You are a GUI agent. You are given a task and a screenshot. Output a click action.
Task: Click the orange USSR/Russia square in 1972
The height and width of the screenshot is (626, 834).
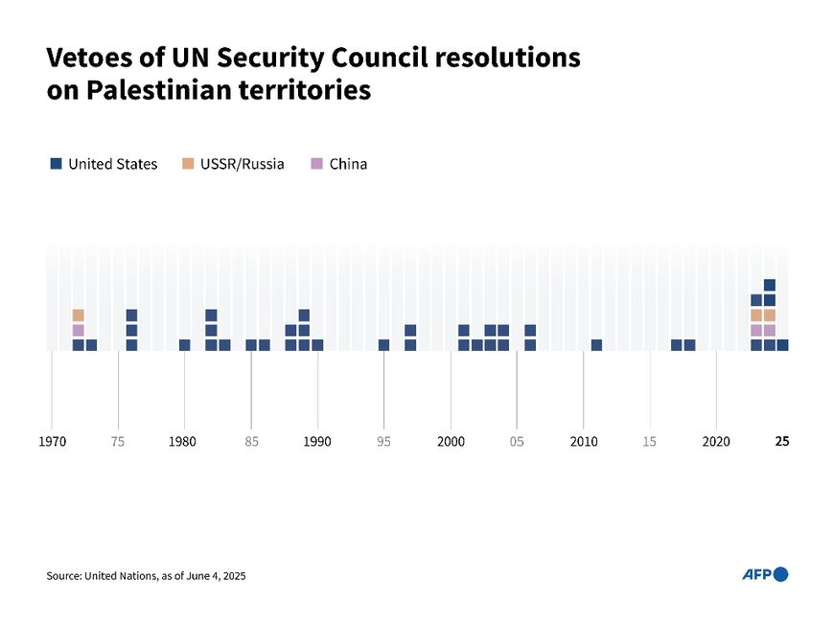[78, 315]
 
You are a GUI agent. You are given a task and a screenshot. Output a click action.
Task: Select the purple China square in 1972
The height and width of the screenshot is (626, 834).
[78, 330]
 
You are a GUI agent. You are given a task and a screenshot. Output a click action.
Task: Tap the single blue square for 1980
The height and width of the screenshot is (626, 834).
[184, 345]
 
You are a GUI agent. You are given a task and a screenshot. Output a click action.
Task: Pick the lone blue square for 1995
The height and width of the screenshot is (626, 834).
[383, 345]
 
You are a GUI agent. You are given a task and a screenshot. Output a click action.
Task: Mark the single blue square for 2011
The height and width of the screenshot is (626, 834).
[596, 345]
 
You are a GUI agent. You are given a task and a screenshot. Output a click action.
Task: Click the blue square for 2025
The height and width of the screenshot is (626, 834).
[782, 345]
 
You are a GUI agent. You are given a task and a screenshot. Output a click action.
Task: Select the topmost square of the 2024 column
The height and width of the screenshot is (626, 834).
[769, 285]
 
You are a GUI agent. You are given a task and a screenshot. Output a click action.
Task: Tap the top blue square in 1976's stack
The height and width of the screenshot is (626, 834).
[131, 315]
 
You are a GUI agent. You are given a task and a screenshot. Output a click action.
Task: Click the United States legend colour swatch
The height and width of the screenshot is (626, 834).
[56, 164]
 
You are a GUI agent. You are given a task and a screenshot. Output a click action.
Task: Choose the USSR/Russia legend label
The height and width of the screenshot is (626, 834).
[242, 164]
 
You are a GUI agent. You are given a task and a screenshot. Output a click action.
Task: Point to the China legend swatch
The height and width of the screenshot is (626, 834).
[316, 164]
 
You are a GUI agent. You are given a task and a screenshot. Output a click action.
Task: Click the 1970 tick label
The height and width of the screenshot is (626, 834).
[52, 441]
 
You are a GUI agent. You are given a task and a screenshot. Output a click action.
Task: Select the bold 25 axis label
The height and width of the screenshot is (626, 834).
[782, 441]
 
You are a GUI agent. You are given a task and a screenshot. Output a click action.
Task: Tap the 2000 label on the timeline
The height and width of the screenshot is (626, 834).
[451, 441]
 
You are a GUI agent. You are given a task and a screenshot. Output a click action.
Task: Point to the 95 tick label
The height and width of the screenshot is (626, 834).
[383, 441]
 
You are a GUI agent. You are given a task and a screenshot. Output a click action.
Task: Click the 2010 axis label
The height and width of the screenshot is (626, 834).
[583, 441]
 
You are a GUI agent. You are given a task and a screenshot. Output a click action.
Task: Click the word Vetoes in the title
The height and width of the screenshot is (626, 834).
[87, 58]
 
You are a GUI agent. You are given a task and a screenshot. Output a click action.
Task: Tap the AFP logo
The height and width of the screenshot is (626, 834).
[764, 574]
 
